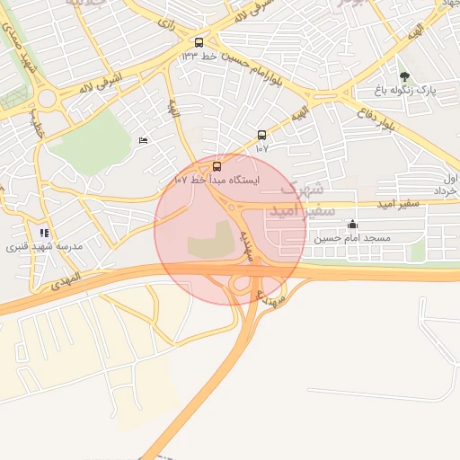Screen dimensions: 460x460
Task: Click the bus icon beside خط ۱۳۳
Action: (199, 42)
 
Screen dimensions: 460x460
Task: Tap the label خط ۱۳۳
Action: (199, 57)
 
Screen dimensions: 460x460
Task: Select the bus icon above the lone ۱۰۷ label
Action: (261, 135)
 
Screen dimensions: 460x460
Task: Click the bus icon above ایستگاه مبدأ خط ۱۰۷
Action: (217, 166)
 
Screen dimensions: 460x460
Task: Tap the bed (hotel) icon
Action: (143, 141)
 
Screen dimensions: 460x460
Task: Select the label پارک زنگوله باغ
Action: (404, 91)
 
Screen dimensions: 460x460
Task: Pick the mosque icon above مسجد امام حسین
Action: (352, 224)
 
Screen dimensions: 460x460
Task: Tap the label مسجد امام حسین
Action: (352, 238)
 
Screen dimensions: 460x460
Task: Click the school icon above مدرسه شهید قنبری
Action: (44, 233)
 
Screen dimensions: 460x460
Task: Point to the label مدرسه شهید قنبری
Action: (41, 246)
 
